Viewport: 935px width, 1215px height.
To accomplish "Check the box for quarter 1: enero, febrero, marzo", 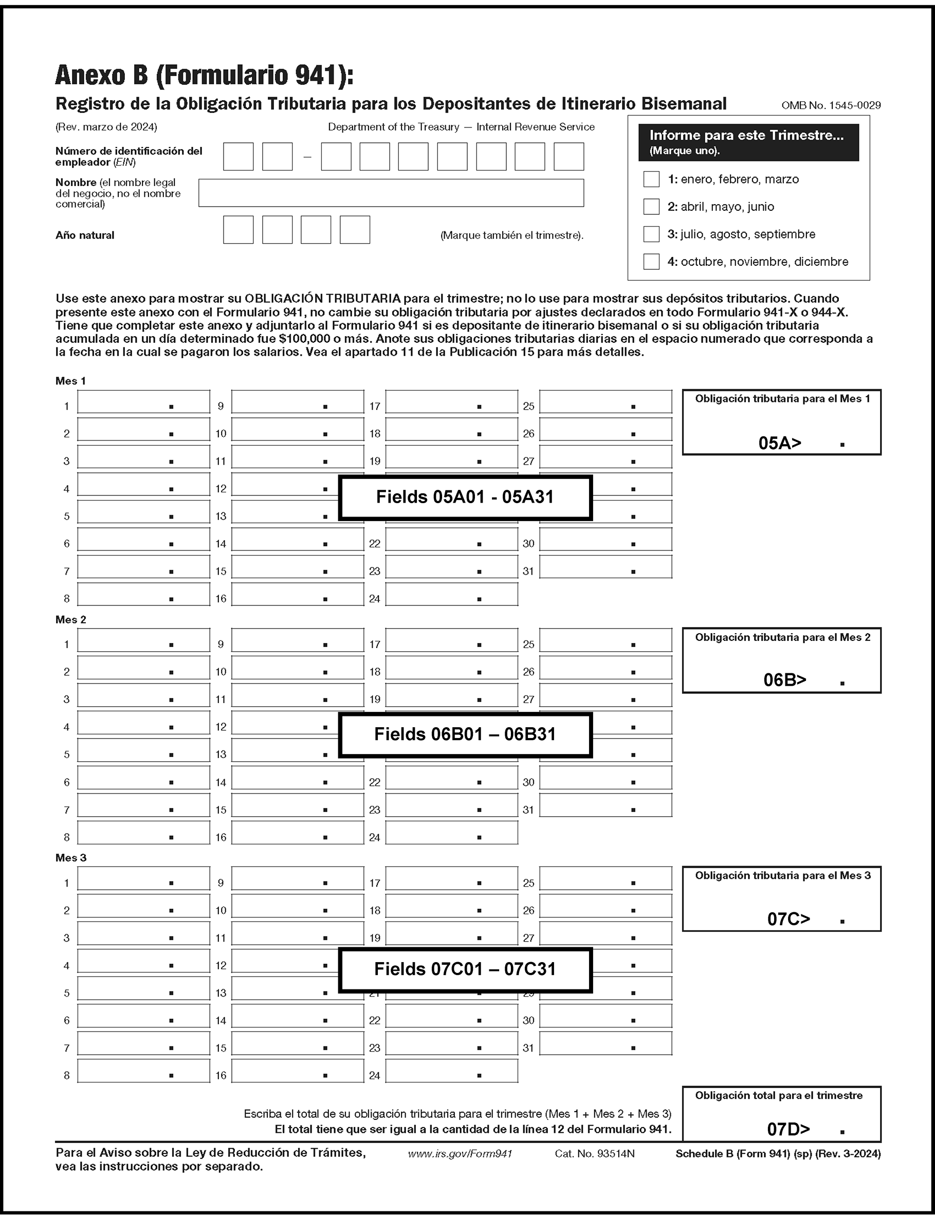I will coord(651,179).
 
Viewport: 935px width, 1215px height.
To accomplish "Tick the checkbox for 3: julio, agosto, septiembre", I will coord(651,234).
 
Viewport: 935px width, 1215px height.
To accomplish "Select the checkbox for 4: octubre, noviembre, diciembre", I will coord(651,262).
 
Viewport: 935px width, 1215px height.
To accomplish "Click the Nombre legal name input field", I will coord(391,193).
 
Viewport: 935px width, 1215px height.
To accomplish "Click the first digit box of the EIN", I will coord(238,156).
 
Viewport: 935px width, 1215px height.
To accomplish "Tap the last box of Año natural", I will coord(355,230).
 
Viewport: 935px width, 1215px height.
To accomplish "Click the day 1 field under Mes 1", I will coord(143,402).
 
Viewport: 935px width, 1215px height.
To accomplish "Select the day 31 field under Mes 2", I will coord(606,805).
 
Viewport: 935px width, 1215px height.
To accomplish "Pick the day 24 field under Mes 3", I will coord(451,1071).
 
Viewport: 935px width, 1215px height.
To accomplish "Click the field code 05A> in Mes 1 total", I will coord(780,443).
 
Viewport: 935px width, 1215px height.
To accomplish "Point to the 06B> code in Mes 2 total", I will coord(785,680).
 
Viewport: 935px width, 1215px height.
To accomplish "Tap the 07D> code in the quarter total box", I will coord(788,1129).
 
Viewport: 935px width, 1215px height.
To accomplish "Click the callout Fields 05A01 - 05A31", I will coord(465,498).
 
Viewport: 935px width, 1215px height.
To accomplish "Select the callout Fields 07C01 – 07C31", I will coord(465,969).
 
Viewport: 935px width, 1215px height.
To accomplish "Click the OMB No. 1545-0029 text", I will coord(830,105).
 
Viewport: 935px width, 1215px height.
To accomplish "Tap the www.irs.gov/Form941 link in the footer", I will coord(460,1154).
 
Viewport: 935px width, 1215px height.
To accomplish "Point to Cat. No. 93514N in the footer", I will coord(594,1154).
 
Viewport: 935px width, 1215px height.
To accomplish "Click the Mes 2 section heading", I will coord(71,620).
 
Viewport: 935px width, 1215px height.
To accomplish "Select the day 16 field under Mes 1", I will coord(297,594).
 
